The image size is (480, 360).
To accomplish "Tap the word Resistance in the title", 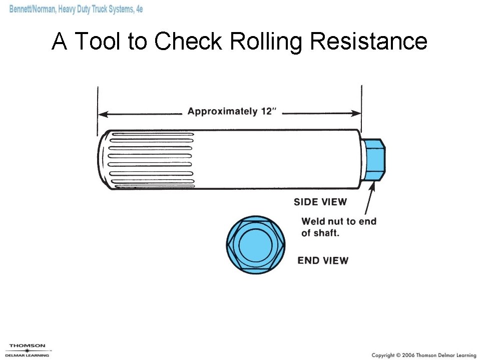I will (x=369, y=41).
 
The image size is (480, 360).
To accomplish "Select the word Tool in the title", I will (x=99, y=41).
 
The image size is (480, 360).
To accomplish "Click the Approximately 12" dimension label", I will (x=232, y=111).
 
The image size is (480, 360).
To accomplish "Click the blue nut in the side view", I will (x=375, y=160).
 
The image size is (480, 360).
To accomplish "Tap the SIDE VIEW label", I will (x=320, y=202).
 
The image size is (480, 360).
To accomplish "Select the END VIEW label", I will (x=323, y=260).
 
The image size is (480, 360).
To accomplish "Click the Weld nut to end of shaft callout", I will (x=338, y=227).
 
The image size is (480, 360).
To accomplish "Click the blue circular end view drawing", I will (x=255, y=245).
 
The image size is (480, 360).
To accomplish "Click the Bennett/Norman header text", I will (x=76, y=9).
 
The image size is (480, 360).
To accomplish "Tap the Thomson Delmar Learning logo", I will (x=28, y=350).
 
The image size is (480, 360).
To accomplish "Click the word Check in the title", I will (x=188, y=41).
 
